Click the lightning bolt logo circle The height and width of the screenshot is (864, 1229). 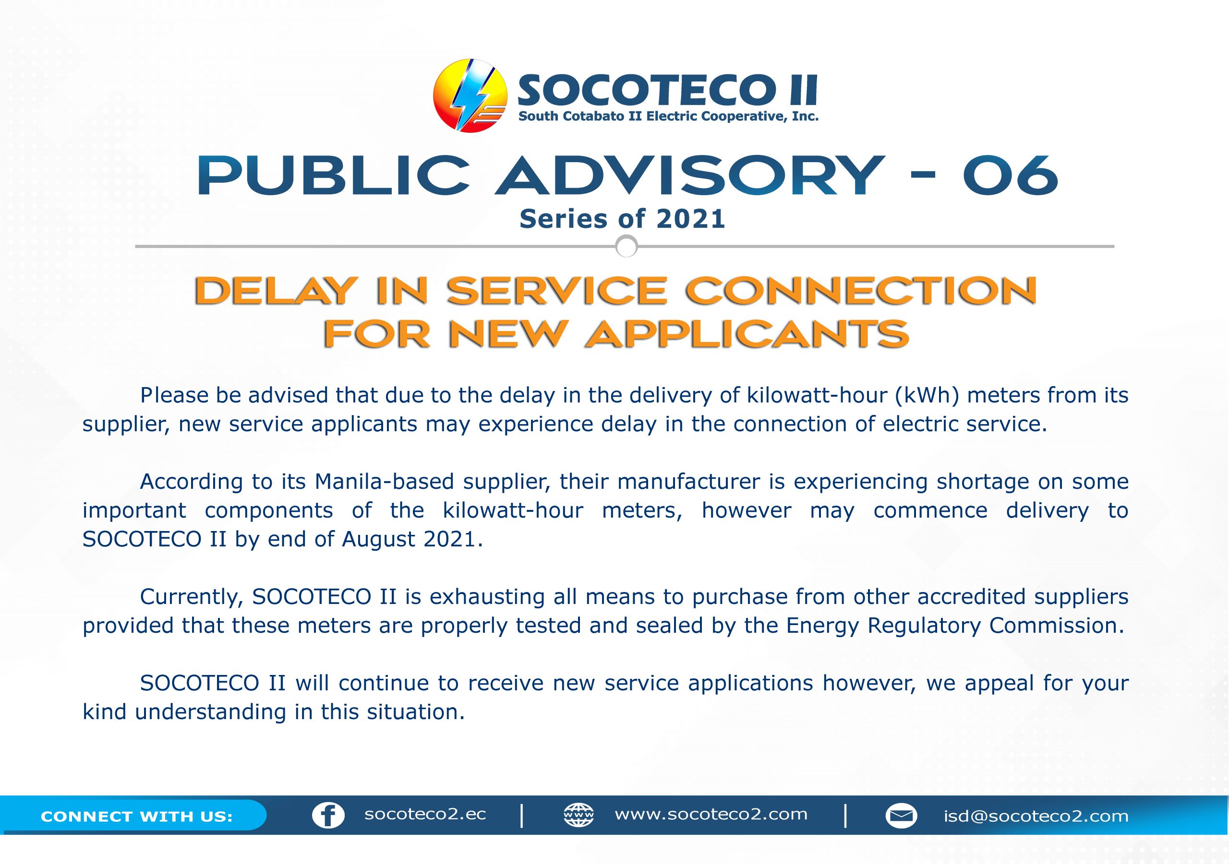(470, 96)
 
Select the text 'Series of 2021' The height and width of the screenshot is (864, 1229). (622, 219)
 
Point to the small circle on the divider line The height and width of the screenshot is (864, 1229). (627, 247)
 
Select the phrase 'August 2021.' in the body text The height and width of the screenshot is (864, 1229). (412, 540)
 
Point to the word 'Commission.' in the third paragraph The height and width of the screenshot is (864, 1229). (1057, 626)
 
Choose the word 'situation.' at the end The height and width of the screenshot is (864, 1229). (415, 712)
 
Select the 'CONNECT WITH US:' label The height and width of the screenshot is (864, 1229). (136, 817)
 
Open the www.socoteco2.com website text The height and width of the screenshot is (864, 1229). (711, 814)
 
